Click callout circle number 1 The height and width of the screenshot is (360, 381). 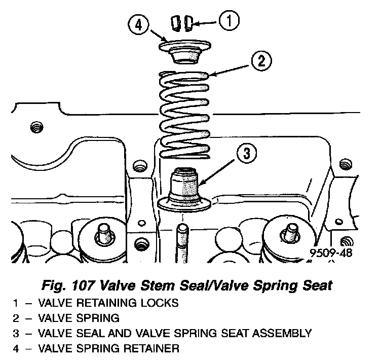[x=229, y=21]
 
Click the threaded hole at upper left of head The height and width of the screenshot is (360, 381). [x=35, y=126]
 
